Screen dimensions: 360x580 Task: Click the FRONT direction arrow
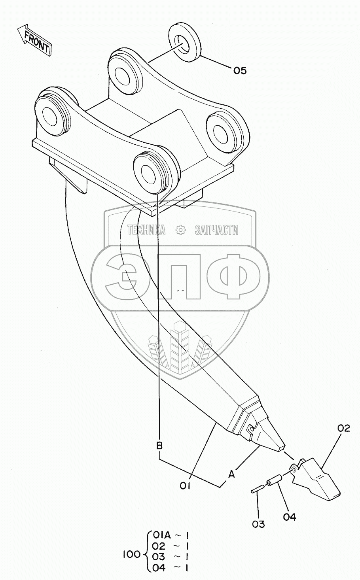[x=34, y=40]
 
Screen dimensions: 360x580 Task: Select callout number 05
[x=239, y=71]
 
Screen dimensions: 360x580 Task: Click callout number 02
[x=344, y=428]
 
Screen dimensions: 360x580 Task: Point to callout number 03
[x=258, y=524]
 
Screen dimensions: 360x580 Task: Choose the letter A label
[x=231, y=474]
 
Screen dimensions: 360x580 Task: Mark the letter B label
[x=159, y=446]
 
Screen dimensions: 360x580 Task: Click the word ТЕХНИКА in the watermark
[x=146, y=230]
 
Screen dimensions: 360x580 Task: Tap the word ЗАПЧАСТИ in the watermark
[x=216, y=230]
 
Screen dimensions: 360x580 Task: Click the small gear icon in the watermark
[x=180, y=230]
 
